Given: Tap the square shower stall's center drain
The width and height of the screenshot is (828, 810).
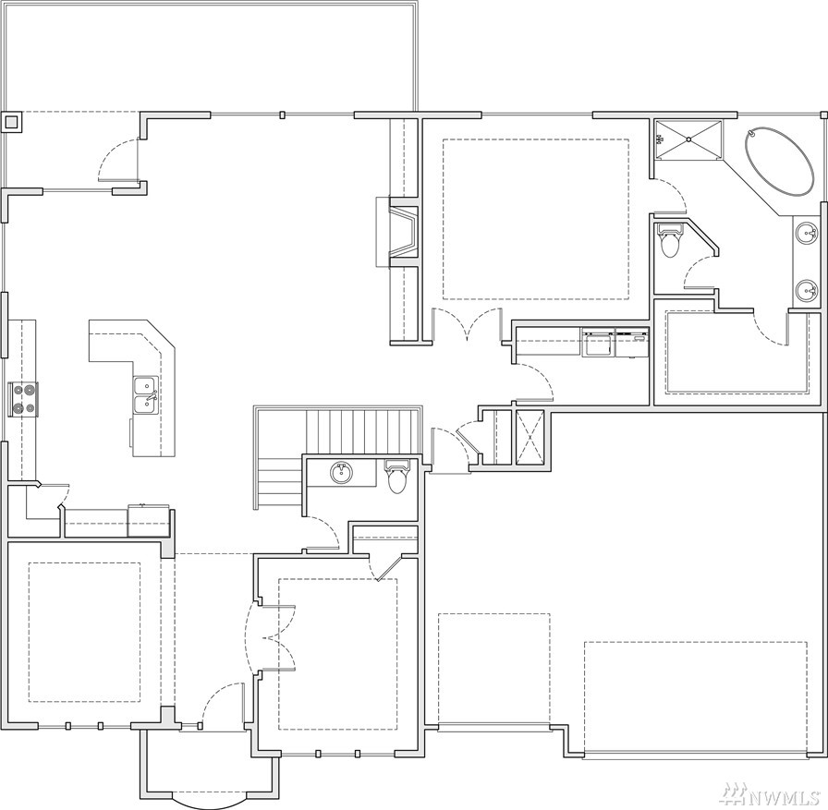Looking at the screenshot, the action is tap(688, 139).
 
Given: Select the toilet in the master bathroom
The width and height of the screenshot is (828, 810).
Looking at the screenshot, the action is tap(669, 240).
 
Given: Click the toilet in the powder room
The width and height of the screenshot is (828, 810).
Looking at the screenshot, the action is tap(396, 477).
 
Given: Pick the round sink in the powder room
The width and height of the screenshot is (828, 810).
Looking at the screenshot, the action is tap(342, 473).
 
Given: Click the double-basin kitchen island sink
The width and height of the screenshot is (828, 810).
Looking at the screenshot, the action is tap(145, 394).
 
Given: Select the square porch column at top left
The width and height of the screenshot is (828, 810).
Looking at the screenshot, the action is tap(10, 123).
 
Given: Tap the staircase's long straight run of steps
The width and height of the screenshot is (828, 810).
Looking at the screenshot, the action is tap(364, 430).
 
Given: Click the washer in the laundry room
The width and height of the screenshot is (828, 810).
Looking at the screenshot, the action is tap(598, 343).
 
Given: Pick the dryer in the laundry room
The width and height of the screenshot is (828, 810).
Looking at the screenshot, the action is tap(631, 343).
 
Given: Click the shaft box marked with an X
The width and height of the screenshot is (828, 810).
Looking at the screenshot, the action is tap(530, 436).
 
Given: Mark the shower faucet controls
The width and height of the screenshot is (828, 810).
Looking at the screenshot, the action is tap(659, 139).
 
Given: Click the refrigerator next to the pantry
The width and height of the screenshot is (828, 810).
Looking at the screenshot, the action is tap(149, 520).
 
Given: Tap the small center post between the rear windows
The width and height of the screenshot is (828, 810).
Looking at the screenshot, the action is tap(283, 115).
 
